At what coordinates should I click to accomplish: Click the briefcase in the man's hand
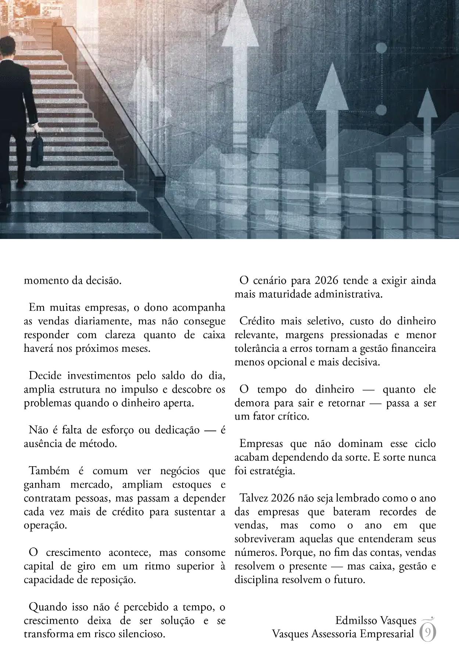click(x=37, y=150)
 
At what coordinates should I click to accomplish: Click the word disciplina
click(x=257, y=580)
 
